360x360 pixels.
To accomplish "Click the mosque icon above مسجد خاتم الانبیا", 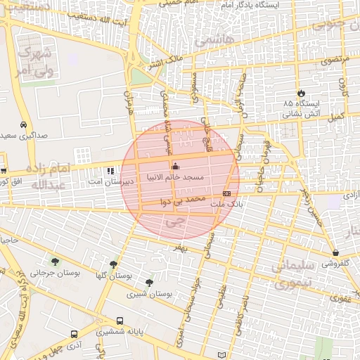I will (x=175, y=166).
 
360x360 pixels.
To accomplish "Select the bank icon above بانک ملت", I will (x=226, y=193).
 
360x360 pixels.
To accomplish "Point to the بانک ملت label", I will (x=227, y=202).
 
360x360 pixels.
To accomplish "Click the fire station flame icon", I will (x=302, y=92).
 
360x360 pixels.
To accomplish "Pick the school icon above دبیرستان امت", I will (x=110, y=171).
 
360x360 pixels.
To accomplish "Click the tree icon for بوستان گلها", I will (x=113, y=264).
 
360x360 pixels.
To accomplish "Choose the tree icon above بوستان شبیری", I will (x=149, y=283).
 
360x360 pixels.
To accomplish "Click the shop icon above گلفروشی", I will (x=335, y=253).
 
